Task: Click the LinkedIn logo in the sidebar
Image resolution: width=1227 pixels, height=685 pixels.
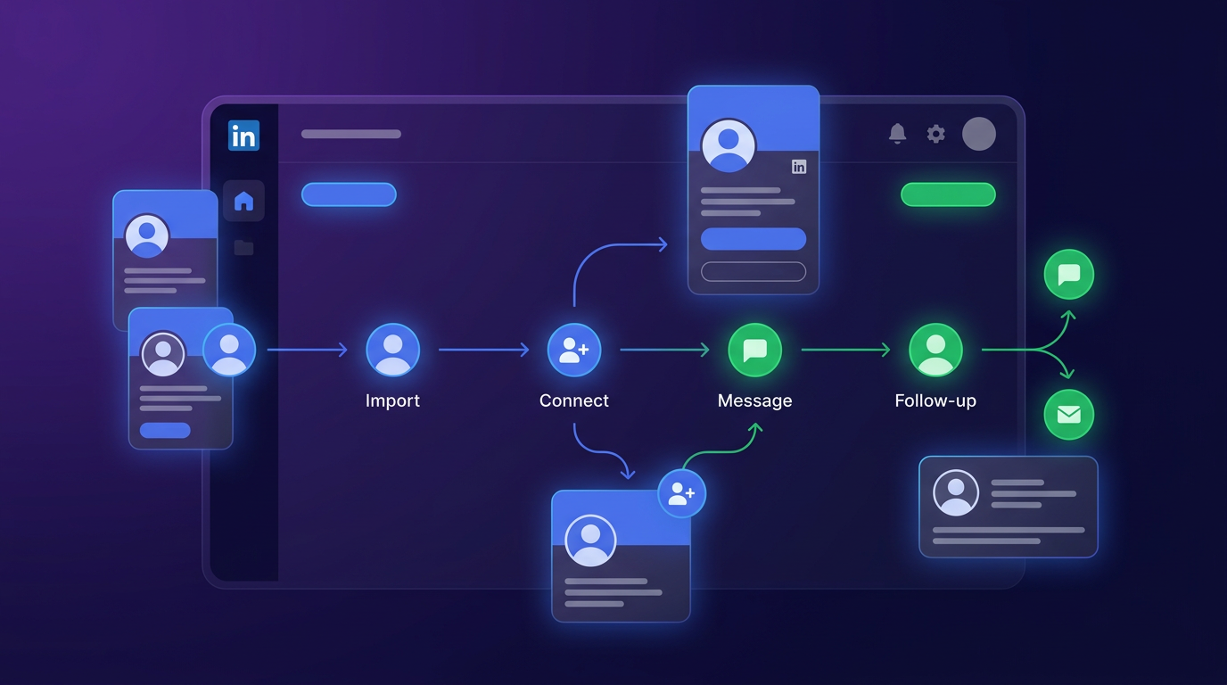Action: [243, 136]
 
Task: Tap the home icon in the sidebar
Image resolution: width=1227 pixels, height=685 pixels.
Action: [243, 202]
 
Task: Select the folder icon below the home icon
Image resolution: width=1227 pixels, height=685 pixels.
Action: [243, 247]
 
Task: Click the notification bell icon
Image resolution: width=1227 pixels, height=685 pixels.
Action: [897, 134]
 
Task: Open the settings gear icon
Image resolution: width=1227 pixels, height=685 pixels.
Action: [935, 134]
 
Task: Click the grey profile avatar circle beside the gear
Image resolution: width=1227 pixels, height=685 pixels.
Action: [978, 134]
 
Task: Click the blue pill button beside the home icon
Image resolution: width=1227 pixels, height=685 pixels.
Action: [349, 194]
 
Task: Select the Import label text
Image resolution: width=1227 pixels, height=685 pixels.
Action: [392, 400]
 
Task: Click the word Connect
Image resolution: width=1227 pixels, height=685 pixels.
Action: [573, 400]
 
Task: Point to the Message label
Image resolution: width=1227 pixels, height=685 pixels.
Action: [754, 400]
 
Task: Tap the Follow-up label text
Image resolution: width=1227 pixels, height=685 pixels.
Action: [935, 400]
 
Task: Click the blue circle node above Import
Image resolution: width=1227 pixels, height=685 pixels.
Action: [392, 350]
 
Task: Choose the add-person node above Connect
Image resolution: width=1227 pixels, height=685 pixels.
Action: [573, 350]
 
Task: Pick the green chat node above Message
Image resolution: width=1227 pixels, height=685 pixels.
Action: [754, 350]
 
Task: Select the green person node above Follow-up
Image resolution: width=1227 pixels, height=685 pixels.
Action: [935, 350]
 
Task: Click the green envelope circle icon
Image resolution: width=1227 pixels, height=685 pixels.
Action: [1068, 415]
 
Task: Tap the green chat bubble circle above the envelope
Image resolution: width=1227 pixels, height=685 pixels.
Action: [1068, 275]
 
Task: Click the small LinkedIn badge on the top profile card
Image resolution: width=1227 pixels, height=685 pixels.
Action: [799, 167]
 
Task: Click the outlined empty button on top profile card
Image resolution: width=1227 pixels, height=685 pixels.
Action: [753, 271]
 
